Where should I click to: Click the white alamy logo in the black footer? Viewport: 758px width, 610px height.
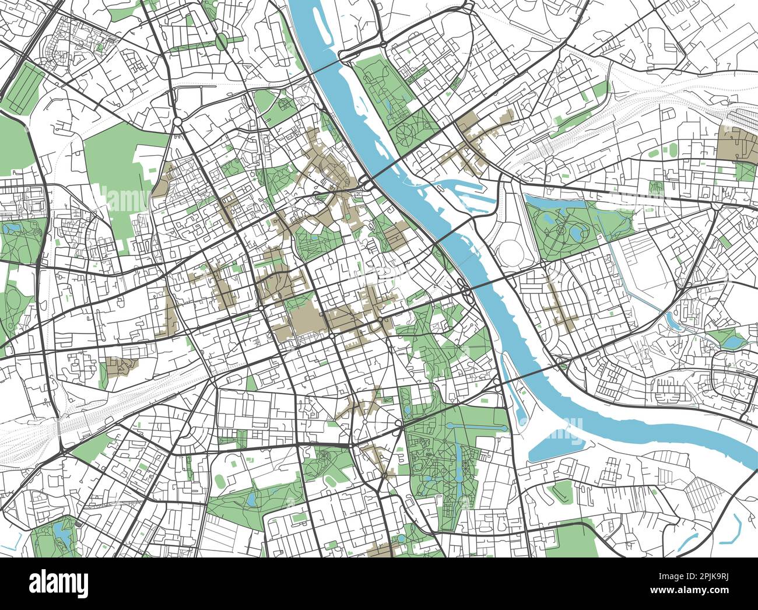point(59,583)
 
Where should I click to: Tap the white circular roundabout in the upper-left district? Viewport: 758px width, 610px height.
point(177,121)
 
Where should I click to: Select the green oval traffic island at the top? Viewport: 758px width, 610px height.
point(222,41)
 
